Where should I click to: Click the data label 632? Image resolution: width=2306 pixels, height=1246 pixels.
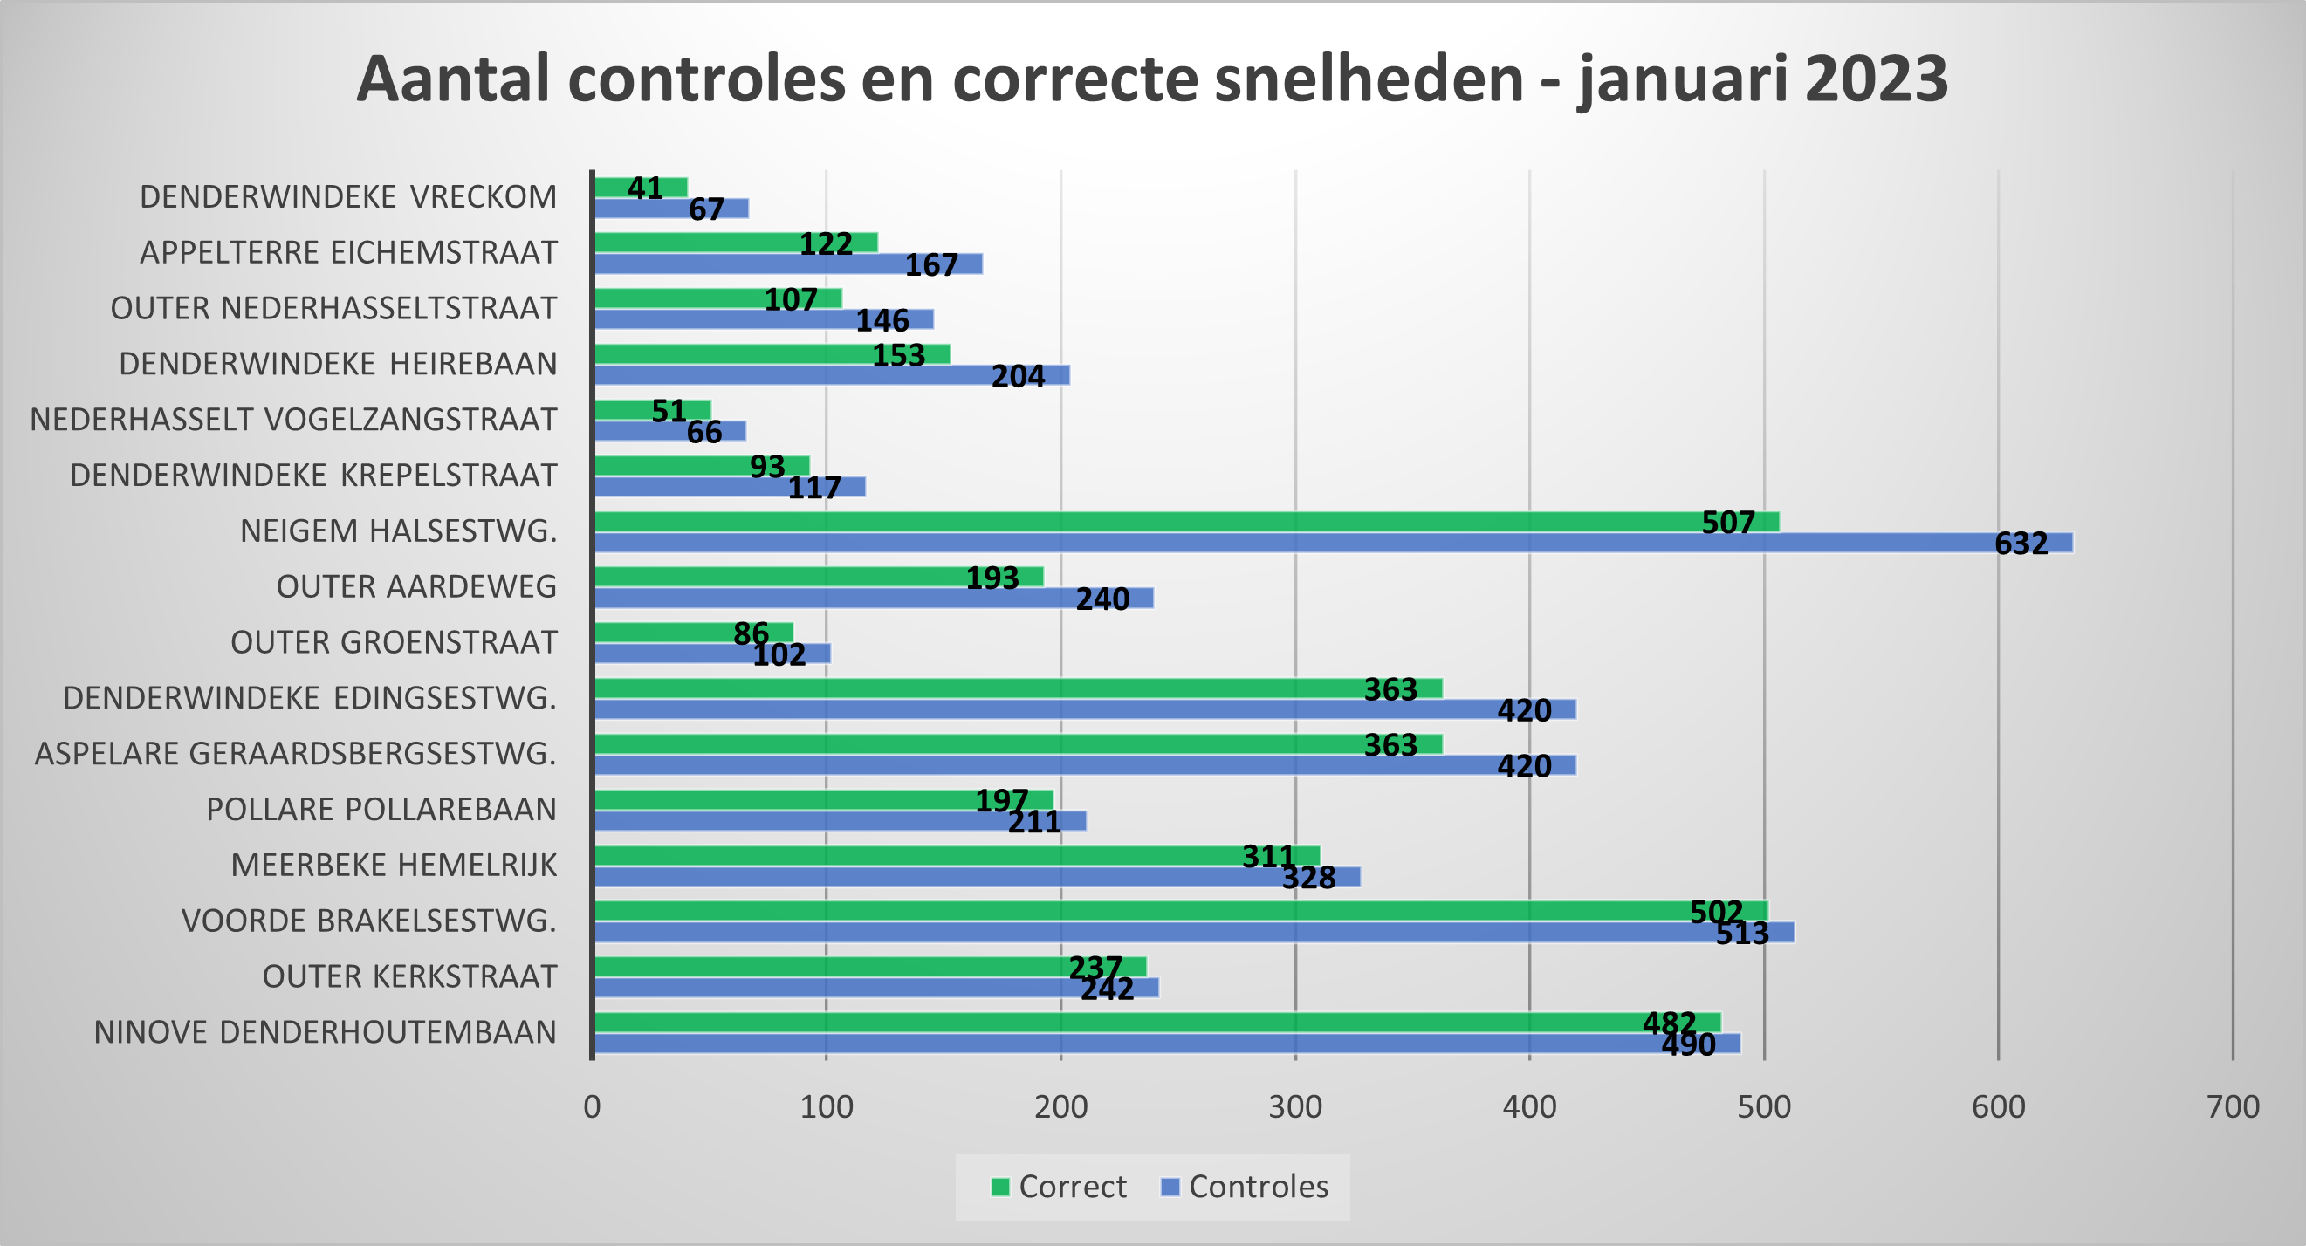pos(2021,544)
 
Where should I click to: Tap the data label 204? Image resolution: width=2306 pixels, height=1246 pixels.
pos(1018,376)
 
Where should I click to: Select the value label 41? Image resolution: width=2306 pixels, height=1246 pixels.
pos(644,188)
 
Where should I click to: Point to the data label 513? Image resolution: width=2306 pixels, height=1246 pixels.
pos(1742,934)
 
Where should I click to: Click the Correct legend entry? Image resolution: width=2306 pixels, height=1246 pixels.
pos(1059,1186)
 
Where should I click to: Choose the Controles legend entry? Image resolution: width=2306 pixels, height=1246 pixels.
pos(1245,1186)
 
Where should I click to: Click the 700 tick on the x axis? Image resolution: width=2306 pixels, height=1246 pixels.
pos(2233,1107)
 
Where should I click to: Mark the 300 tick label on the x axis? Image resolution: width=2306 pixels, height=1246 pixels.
pos(1294,1107)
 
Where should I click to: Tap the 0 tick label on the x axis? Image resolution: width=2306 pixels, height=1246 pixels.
pos(592,1107)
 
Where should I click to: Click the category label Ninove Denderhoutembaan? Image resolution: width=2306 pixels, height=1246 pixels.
pos(325,1032)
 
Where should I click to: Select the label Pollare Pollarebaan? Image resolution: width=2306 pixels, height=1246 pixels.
pos(381,809)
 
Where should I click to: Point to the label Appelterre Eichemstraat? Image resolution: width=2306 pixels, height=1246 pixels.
pos(348,252)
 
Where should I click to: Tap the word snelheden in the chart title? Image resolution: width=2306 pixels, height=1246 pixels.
pos(1369,79)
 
